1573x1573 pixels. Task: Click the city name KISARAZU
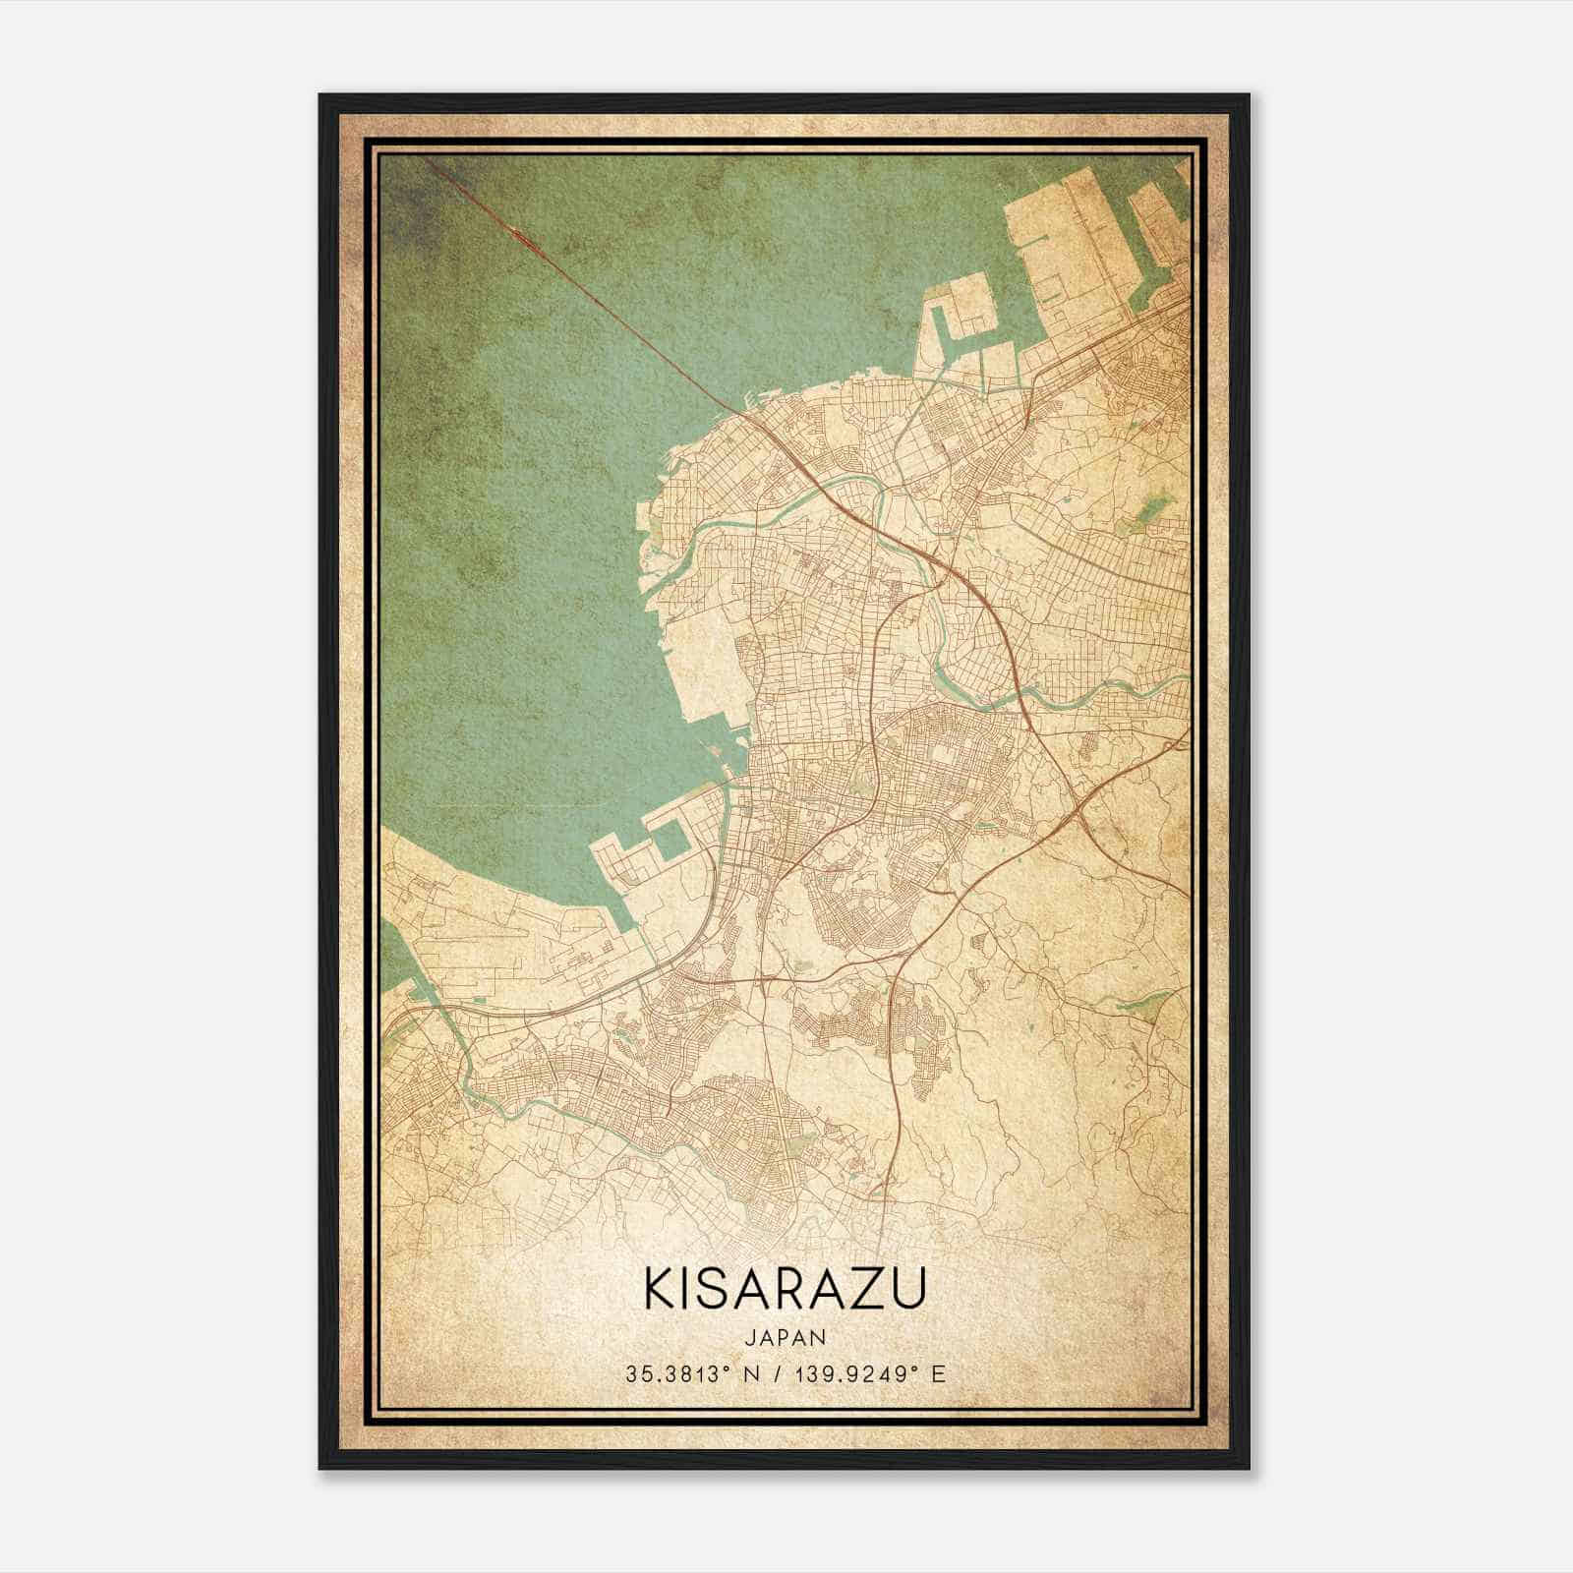[x=785, y=1290]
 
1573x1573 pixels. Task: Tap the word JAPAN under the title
[x=785, y=1337]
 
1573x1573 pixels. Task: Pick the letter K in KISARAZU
[x=657, y=1290]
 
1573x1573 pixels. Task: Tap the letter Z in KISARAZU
[x=861, y=1290]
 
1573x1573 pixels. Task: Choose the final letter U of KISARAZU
[x=909, y=1290]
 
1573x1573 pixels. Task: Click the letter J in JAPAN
[x=751, y=1337]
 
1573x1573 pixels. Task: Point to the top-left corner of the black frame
[x=321, y=96]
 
